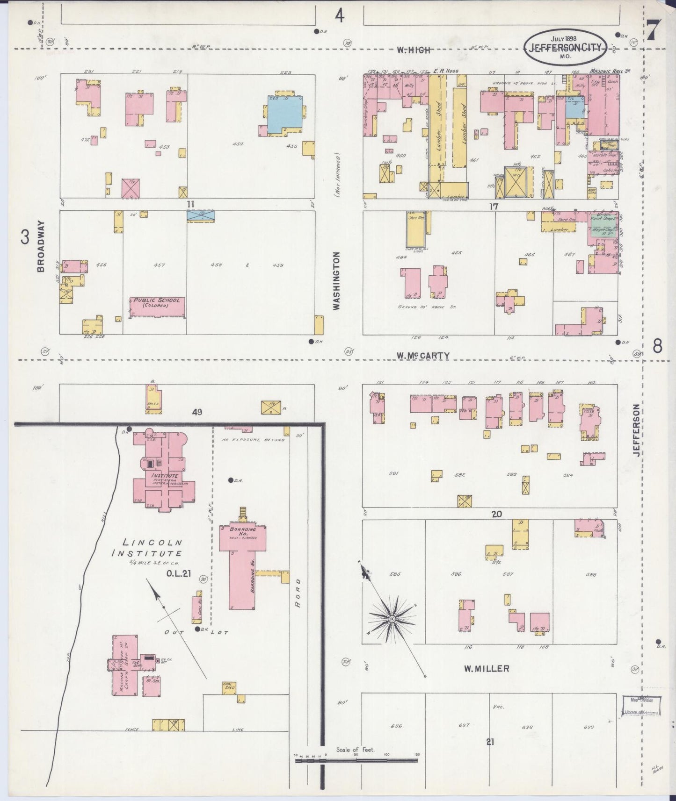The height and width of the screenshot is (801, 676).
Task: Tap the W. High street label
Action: tap(413, 50)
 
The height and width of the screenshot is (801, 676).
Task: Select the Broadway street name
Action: tap(41, 246)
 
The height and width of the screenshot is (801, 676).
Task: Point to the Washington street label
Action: tap(336, 280)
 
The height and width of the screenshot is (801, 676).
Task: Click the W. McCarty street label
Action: tap(423, 356)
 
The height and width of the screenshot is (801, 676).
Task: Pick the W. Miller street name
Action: tap(486, 669)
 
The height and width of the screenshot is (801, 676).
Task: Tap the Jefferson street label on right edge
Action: tap(636, 430)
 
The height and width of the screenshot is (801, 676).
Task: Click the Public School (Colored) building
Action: tap(157, 306)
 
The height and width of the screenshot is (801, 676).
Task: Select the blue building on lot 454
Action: tap(284, 114)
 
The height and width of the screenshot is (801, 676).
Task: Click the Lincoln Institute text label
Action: tap(146, 548)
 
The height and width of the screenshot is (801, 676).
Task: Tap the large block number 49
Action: tap(196, 412)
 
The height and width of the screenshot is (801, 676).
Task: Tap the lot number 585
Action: tap(395, 574)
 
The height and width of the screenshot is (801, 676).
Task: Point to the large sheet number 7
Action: tap(653, 31)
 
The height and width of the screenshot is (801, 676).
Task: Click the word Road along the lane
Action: tap(298, 592)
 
